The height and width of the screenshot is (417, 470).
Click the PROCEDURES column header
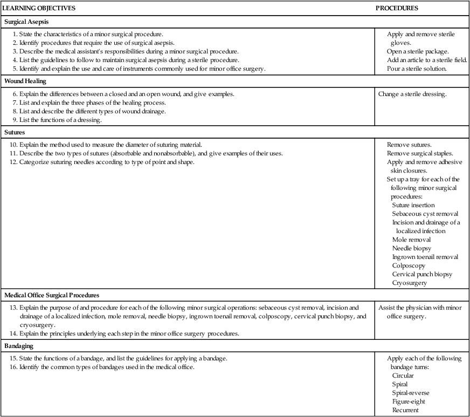pos(397,8)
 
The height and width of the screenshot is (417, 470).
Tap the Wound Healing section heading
pos(25,81)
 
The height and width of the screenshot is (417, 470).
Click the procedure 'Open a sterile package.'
pos(412,52)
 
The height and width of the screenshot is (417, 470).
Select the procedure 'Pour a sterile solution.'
pos(417,69)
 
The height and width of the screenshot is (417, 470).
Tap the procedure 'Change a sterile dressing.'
pos(412,94)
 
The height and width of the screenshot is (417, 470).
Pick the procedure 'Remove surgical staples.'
pos(420,153)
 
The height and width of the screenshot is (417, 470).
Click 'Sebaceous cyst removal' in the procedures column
pos(425,214)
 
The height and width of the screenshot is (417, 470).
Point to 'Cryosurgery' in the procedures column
pos(410,283)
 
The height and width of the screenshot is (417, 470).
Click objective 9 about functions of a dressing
pos(60,120)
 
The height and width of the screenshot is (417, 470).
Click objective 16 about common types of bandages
pos(102,367)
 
